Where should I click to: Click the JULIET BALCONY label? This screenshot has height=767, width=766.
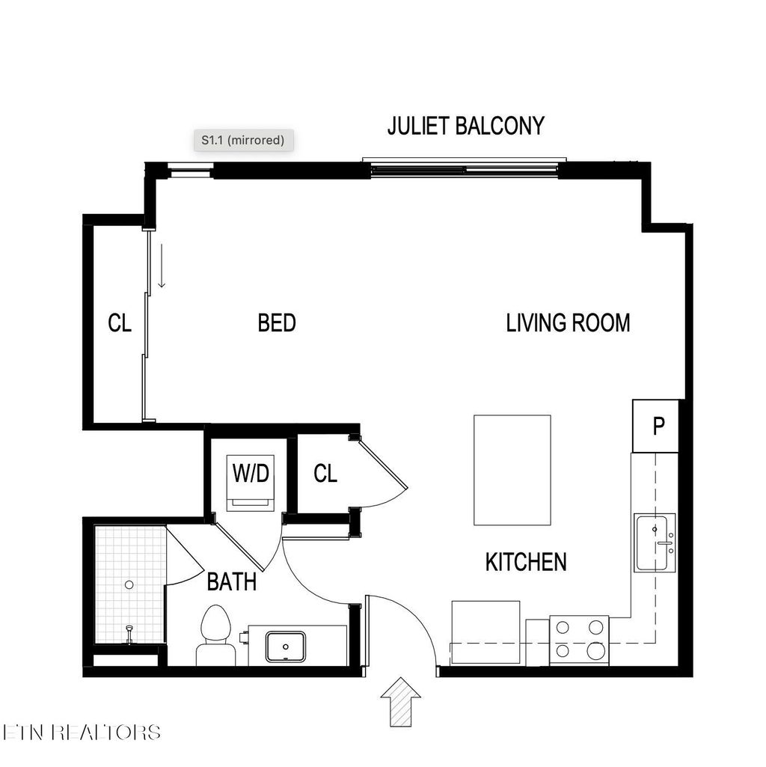click(465, 126)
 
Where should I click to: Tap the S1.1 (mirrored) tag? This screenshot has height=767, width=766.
click(242, 140)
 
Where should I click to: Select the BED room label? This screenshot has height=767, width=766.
click(277, 323)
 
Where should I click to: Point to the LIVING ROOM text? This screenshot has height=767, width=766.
click(568, 323)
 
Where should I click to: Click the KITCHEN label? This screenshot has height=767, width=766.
click(526, 562)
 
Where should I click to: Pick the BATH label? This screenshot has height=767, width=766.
click(231, 581)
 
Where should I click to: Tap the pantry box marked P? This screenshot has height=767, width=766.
click(658, 427)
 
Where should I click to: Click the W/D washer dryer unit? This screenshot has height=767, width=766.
click(251, 482)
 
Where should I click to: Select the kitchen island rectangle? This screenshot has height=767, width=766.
click(512, 471)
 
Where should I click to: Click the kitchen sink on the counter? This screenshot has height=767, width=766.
click(655, 543)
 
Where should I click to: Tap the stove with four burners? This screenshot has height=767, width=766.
click(579, 640)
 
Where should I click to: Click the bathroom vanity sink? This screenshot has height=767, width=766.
click(286, 647)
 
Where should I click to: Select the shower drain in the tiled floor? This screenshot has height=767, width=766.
click(129, 584)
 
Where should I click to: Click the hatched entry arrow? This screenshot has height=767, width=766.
click(400, 701)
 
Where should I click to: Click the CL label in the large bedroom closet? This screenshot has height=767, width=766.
click(120, 323)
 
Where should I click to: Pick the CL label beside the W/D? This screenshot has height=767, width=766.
click(325, 474)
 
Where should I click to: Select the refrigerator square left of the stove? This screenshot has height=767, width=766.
click(485, 632)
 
